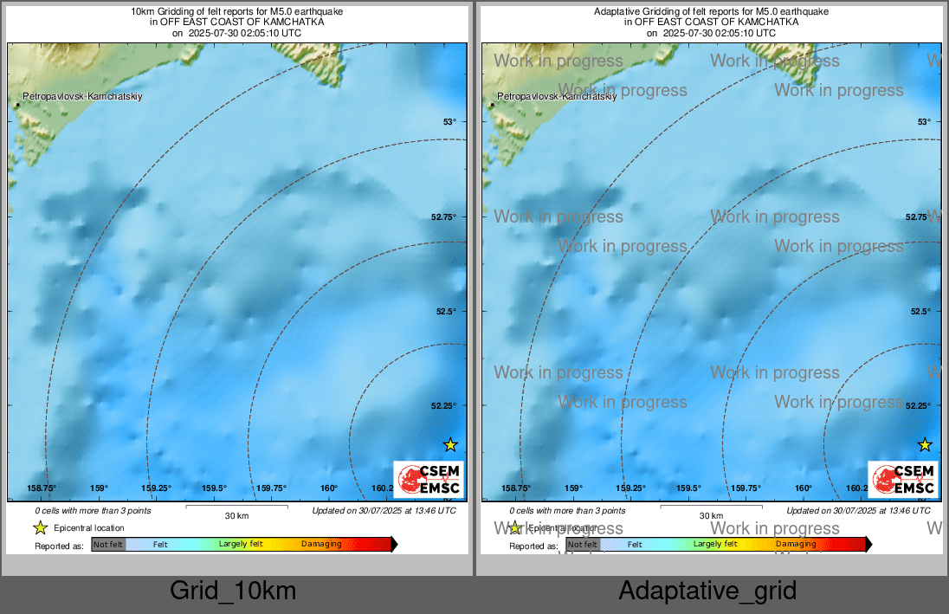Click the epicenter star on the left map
450,445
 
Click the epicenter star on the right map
925,445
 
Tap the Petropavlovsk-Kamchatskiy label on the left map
83,96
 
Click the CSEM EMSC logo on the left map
429,480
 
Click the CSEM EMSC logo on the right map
903,480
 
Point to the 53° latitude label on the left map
449,122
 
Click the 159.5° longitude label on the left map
214,488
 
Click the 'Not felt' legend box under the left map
108,545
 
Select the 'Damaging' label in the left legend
321,545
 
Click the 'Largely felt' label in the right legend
715,544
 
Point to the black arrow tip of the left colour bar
395,545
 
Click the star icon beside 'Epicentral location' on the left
40,527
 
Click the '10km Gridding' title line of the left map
236,11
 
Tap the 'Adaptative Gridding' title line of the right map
711,11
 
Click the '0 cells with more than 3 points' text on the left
87,511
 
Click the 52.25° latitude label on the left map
445,405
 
